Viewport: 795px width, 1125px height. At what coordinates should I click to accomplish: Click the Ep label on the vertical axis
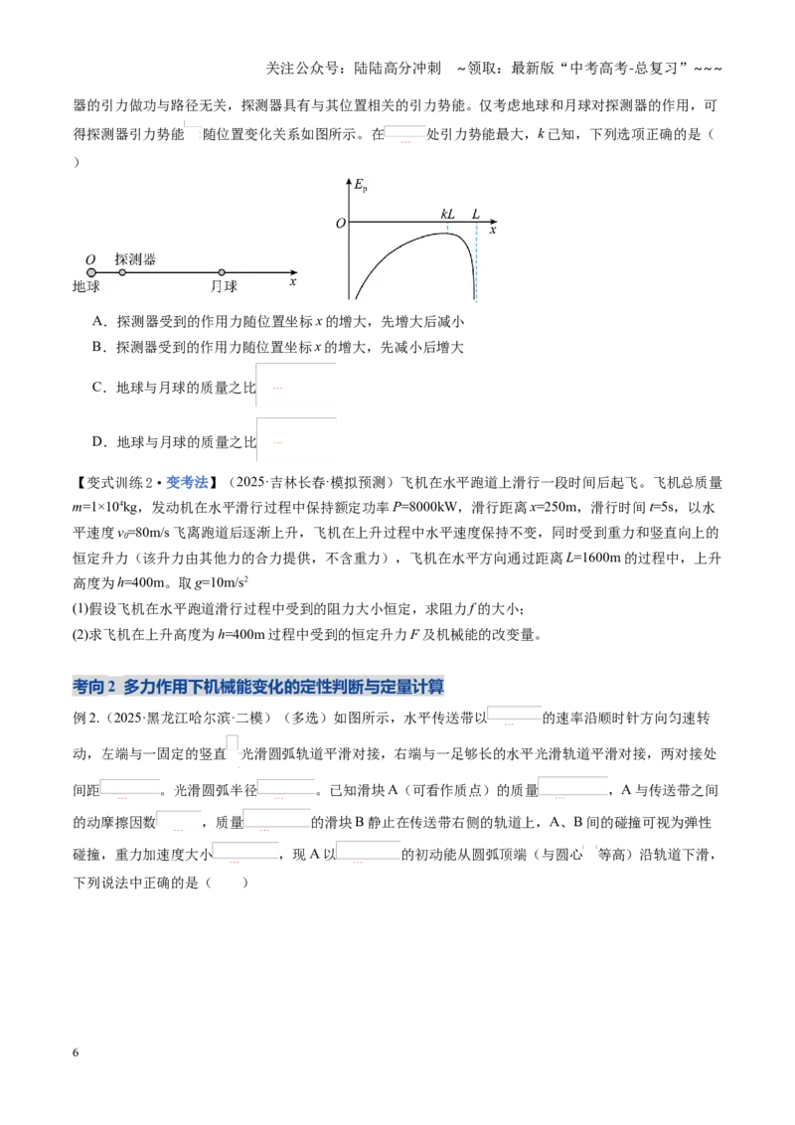(361, 186)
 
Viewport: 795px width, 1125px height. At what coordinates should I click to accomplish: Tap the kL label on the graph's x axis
(448, 214)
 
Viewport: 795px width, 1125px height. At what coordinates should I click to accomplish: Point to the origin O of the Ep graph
(341, 224)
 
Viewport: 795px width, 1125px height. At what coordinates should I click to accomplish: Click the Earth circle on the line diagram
(91, 272)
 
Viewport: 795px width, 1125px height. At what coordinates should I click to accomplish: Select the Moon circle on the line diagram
(222, 272)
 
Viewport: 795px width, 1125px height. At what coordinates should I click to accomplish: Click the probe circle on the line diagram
(122, 272)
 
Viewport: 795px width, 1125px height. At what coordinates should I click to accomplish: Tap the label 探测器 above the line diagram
(135, 259)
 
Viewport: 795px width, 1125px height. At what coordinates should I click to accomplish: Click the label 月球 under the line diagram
(224, 286)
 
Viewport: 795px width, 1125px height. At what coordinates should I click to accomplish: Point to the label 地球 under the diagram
(86, 286)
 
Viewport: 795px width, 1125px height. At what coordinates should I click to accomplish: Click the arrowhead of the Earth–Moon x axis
(294, 272)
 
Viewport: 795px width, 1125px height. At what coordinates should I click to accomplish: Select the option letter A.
(98, 321)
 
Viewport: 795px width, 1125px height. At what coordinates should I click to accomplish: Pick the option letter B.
(98, 347)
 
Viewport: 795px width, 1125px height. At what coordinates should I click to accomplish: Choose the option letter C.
(98, 388)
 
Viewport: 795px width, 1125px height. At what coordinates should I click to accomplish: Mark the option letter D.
(98, 442)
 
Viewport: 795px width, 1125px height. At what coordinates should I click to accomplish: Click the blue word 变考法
(187, 482)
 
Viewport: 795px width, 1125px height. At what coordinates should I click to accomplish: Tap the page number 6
(76, 1052)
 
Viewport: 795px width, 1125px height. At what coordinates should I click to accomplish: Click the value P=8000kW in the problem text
(426, 507)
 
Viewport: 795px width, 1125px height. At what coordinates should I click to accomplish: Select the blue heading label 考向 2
(94, 687)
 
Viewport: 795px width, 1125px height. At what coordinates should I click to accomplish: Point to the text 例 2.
(86, 718)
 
